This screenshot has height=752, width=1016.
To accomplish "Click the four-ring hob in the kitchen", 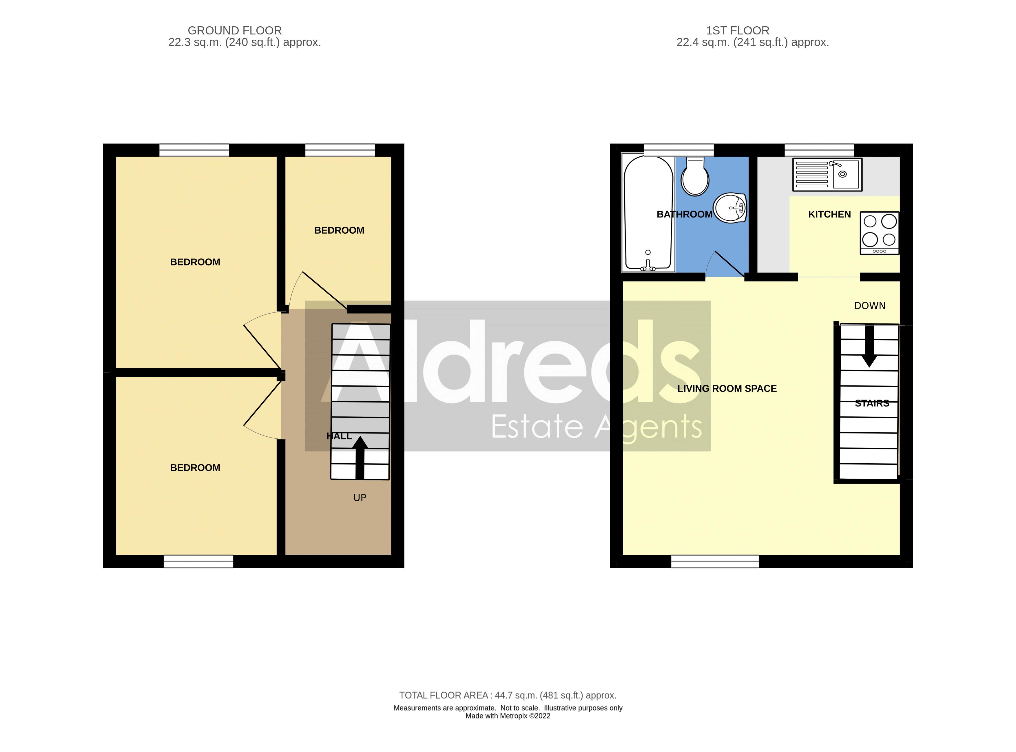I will pos(879,233).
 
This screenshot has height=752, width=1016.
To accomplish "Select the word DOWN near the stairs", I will pos(869,306).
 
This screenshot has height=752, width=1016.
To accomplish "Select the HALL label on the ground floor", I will pos(339,436).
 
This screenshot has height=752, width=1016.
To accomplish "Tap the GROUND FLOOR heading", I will pos(235,30).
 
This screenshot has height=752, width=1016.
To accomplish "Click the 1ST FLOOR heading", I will pos(737,30).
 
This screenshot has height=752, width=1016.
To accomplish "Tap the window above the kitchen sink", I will pos(819,150).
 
